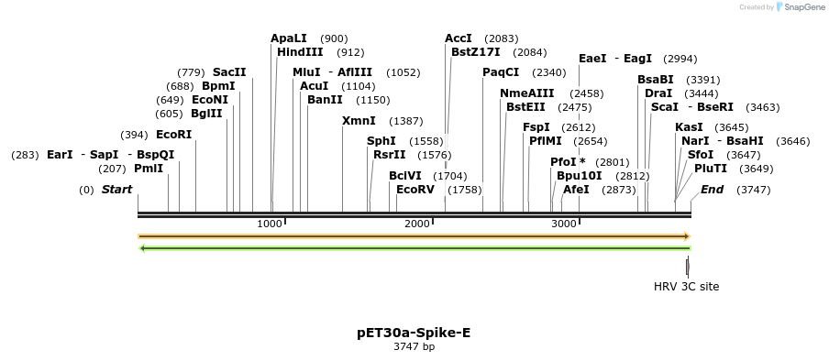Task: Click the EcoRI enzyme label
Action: (174, 135)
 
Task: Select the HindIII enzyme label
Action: (300, 52)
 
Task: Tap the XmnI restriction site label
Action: (359, 121)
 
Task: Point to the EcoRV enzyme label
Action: (414, 190)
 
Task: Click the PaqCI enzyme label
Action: (501, 72)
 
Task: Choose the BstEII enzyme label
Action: (526, 107)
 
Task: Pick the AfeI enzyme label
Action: (576, 190)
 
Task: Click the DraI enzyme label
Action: (658, 93)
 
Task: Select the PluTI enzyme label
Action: (711, 169)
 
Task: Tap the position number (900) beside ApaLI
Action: (334, 38)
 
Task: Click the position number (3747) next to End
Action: (757, 190)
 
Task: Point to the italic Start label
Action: (116, 190)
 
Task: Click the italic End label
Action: (712, 190)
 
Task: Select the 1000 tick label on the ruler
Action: (270, 224)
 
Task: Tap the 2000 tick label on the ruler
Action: (417, 224)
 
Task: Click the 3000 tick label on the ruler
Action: (564, 224)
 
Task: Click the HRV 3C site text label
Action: (686, 287)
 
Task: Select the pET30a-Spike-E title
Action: (414, 333)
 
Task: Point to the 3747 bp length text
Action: (414, 347)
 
